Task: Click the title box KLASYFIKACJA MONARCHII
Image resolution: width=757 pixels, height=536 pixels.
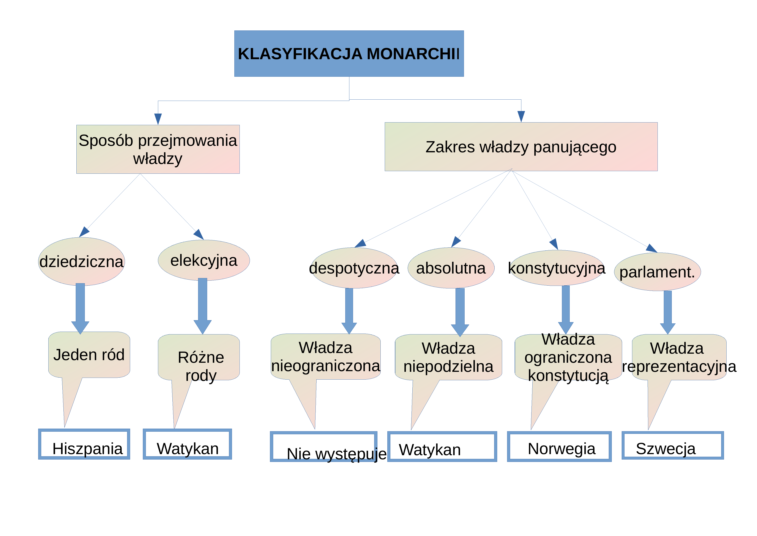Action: tap(349, 53)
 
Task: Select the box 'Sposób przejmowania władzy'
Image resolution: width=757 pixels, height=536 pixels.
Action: tap(158, 149)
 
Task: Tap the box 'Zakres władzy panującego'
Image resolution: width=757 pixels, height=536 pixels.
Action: tap(521, 146)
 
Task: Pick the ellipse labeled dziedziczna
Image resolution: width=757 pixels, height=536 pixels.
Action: tap(81, 261)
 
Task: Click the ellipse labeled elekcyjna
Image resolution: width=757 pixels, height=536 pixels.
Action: tap(204, 260)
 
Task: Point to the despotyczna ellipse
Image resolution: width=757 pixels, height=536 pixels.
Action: tap(354, 268)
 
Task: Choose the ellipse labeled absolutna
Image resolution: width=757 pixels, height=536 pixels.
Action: tap(451, 268)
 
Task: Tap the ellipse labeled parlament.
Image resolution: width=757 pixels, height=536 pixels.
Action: tap(658, 272)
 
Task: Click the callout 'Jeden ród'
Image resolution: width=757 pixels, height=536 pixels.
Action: tap(89, 355)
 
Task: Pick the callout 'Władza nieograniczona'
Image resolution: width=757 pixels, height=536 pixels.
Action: tap(326, 356)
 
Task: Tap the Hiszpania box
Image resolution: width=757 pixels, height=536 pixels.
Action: tap(84, 444)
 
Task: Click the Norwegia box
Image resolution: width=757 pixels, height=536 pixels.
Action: tap(559, 447)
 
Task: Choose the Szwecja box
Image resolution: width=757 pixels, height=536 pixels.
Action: tap(673, 445)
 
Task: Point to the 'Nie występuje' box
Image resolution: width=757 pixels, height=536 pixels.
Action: tap(324, 447)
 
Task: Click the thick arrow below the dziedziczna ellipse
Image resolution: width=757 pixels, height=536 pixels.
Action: tap(80, 309)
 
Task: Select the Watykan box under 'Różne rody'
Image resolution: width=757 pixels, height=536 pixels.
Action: tap(187, 444)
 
